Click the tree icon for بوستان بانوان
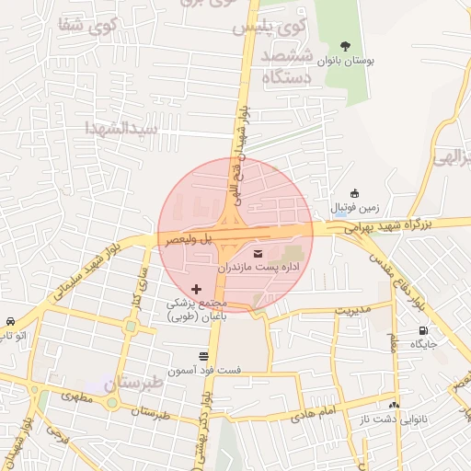[x=345, y=46]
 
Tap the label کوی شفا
[x=86, y=27]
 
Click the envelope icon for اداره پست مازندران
[x=256, y=252]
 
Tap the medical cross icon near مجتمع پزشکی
[x=195, y=289]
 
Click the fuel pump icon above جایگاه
[x=423, y=330]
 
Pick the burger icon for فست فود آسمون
[x=203, y=355]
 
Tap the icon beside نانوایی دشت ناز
[x=395, y=405]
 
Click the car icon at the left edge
[x=8, y=322]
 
